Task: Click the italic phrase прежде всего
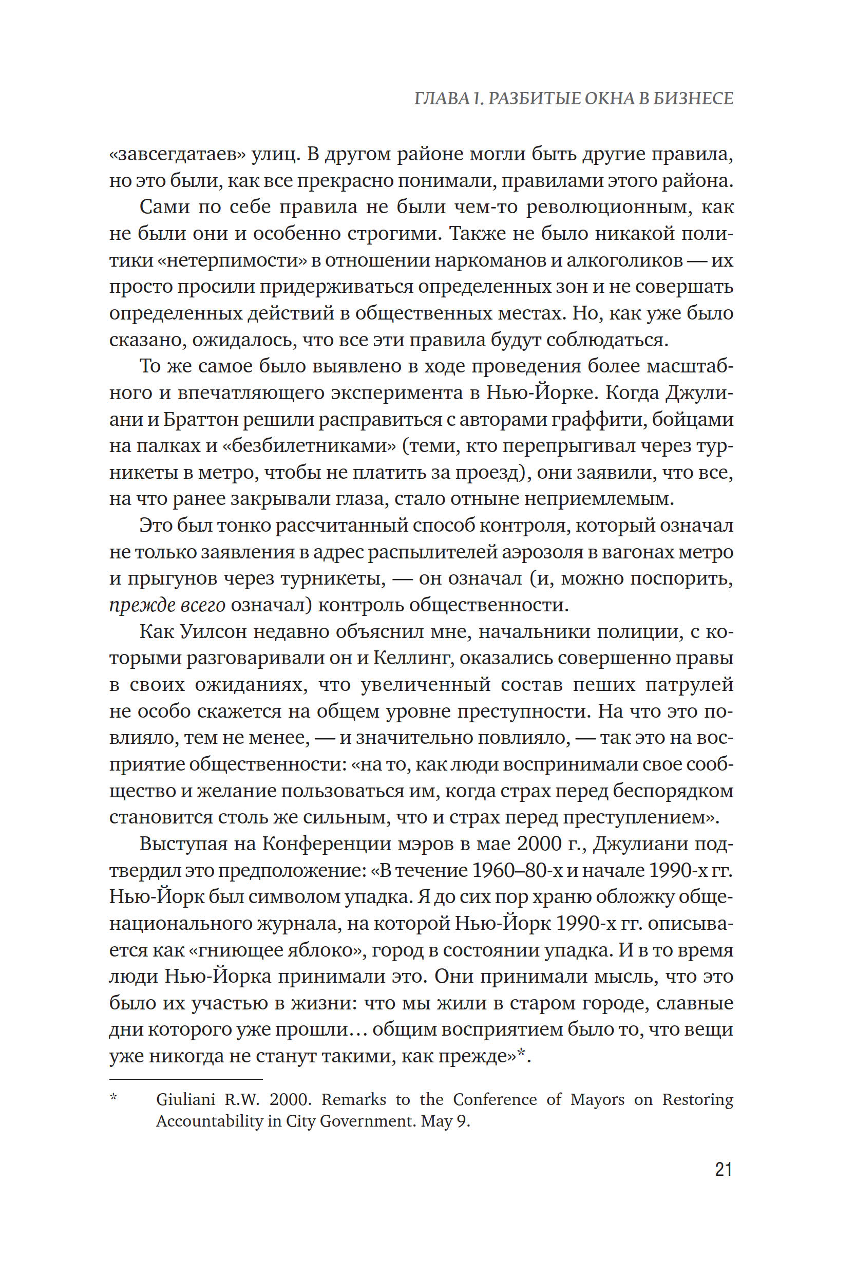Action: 167,605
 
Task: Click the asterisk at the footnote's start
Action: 113,1097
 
